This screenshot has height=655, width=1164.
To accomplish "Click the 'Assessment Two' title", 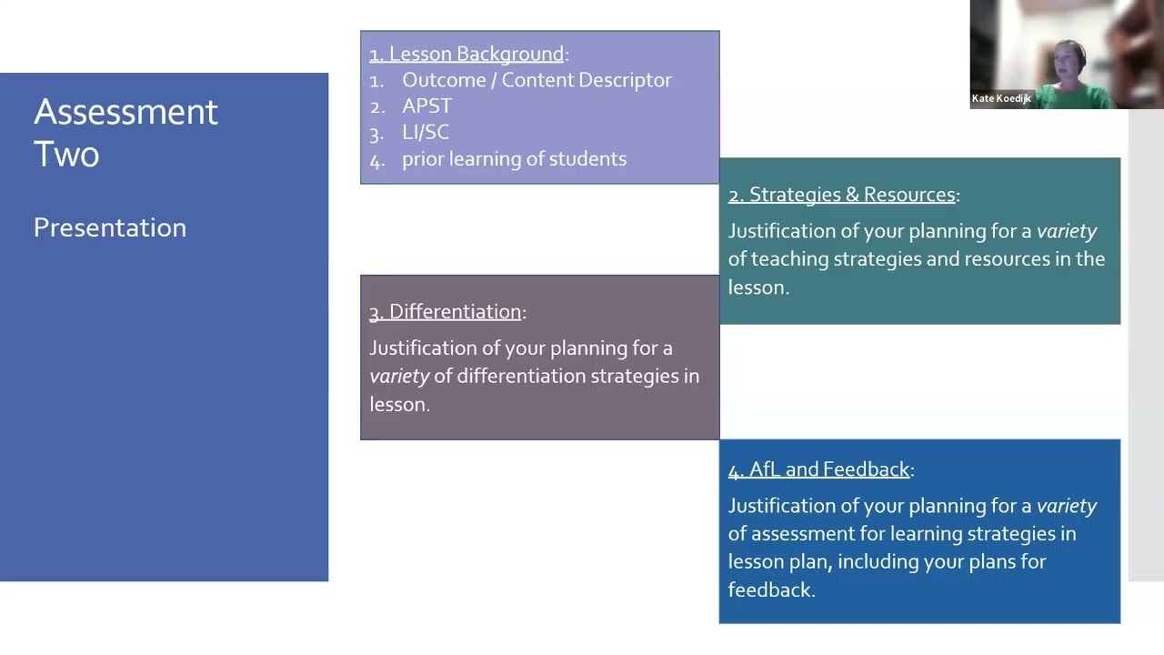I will [125, 133].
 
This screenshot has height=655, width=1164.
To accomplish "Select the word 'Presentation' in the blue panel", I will [110, 227].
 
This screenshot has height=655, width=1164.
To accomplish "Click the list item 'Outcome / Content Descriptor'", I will [537, 80].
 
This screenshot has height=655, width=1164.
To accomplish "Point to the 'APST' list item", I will [426, 106].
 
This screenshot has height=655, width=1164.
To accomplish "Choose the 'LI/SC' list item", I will [426, 132].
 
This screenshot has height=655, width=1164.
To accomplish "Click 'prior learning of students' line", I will [514, 158].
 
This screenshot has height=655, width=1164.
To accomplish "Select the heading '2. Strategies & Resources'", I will [842, 195].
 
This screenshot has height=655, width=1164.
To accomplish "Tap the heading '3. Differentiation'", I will [446, 311].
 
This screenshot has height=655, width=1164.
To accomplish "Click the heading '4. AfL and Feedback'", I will [819, 469].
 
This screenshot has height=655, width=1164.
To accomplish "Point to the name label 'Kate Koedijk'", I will [1001, 98].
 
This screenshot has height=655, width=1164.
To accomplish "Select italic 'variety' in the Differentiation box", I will [399, 376].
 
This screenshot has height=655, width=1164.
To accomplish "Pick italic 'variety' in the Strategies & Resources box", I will [1067, 231].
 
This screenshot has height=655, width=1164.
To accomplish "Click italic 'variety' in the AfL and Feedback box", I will [1067, 506].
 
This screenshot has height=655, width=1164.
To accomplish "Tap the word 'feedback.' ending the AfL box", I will [771, 589].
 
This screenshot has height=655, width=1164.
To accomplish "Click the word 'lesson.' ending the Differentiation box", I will [399, 404].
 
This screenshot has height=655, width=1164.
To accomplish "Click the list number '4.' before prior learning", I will [377, 159].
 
